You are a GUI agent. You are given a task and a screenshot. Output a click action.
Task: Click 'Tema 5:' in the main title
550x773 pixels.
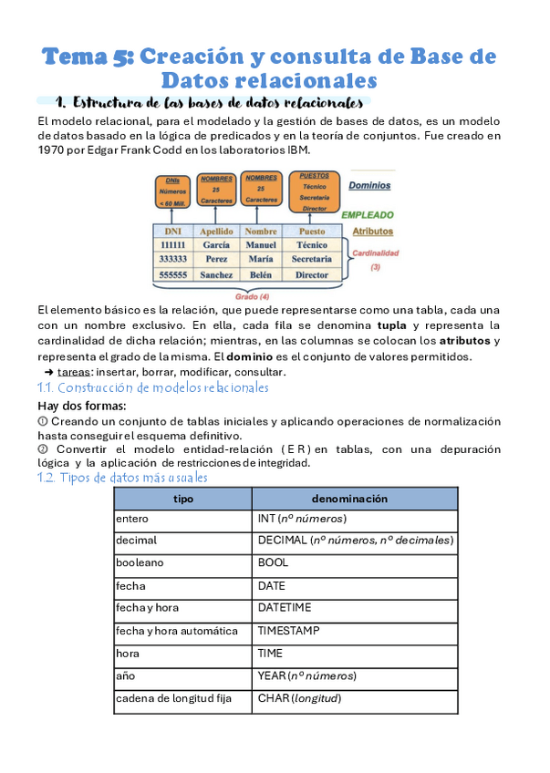click(89, 57)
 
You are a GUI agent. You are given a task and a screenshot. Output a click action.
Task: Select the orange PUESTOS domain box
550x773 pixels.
click(314, 191)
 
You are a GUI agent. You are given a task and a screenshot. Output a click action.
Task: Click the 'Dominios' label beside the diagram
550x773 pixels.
click(369, 185)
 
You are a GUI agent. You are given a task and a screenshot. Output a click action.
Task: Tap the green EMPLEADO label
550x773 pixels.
click(367, 215)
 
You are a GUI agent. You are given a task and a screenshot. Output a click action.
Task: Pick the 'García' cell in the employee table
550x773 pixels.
click(216, 245)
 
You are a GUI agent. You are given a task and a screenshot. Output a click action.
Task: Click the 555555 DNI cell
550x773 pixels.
click(172, 273)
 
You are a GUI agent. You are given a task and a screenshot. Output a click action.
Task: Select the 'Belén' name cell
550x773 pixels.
click(261, 273)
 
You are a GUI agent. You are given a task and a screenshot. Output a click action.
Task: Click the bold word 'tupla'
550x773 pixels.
click(391, 325)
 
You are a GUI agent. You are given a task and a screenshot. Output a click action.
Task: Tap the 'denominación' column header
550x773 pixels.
click(349, 499)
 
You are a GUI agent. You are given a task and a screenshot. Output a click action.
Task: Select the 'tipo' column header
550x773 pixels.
click(182, 499)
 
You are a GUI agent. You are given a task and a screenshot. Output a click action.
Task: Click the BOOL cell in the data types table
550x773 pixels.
click(273, 563)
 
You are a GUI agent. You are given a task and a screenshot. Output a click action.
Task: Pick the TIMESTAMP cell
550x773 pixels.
click(289, 631)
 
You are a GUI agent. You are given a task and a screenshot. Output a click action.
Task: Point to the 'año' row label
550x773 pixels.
click(125, 675)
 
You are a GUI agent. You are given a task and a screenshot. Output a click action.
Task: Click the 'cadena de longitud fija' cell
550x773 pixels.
click(173, 698)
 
